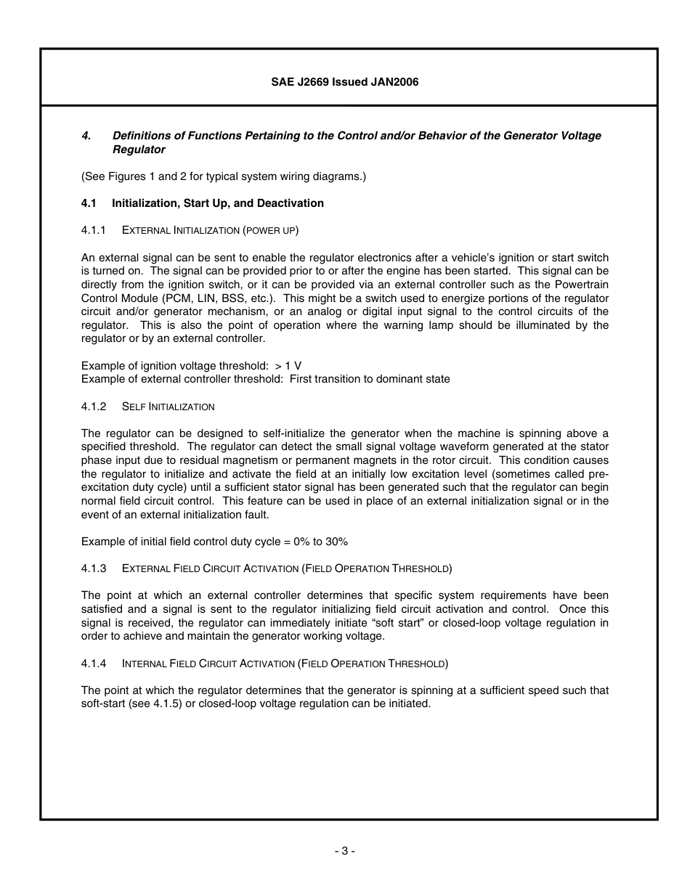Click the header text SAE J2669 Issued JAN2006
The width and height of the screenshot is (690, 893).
[345, 82]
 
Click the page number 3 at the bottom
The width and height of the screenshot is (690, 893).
[345, 851]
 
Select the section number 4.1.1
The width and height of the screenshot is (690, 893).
[94, 230]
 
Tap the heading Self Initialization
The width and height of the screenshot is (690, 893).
[169, 407]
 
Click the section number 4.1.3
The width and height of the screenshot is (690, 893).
[94, 568]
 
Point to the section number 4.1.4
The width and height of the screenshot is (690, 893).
[94, 664]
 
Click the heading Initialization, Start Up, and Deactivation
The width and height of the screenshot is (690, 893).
[218, 203]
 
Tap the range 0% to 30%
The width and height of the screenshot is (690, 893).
[317, 542]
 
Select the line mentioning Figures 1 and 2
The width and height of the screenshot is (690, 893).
[224, 176]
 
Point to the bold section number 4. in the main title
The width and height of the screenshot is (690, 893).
[86, 136]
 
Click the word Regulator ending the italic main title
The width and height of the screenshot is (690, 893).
[139, 150]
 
